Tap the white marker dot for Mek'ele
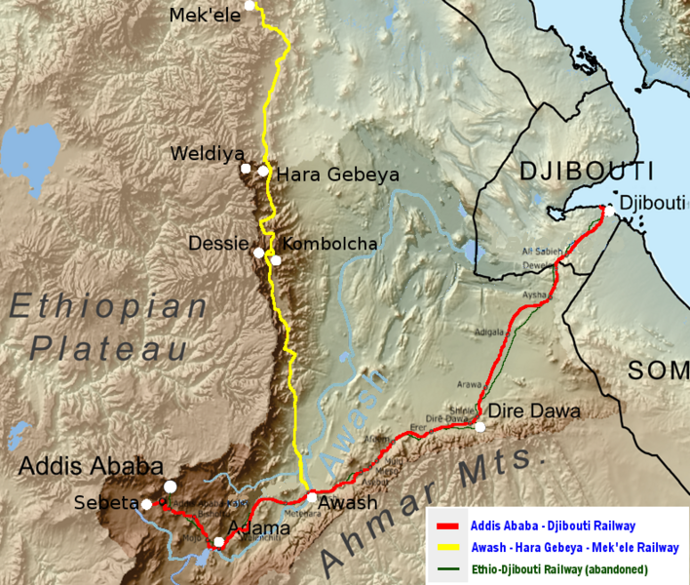[x=250, y=6]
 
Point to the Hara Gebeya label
[x=338, y=175]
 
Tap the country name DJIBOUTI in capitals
[x=586, y=172]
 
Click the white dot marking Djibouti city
[x=608, y=211]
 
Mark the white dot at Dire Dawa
[x=479, y=426]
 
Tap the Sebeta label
[x=105, y=503]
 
